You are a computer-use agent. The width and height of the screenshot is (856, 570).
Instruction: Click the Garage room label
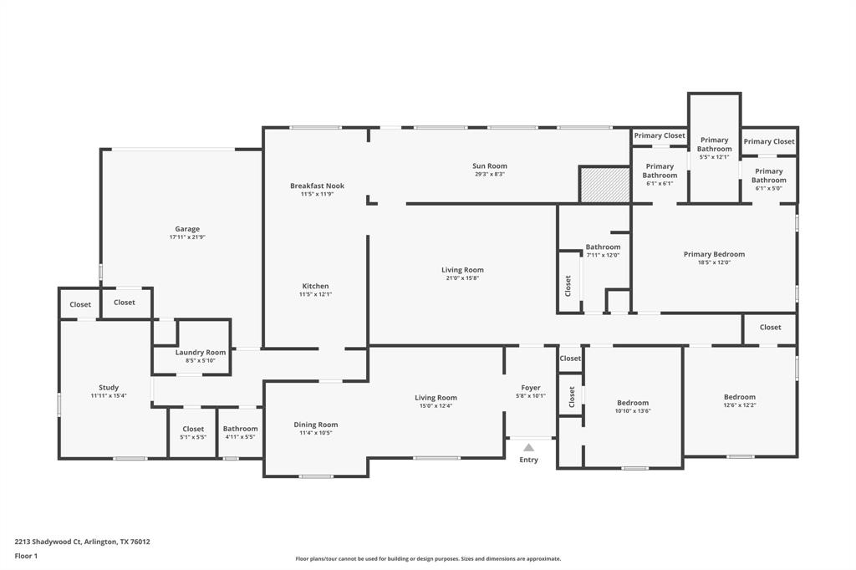187,229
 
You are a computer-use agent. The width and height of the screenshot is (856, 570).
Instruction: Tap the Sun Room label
490,166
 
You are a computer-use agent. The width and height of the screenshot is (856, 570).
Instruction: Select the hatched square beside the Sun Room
604,184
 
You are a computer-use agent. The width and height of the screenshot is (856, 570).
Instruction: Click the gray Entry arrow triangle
529,448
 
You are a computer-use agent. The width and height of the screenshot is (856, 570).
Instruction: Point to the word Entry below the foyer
529,460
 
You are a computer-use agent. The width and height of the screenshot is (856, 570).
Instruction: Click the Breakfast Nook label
317,186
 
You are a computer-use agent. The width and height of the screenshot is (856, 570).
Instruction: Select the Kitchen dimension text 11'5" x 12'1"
316,294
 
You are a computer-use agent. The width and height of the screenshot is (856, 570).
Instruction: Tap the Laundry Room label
201,353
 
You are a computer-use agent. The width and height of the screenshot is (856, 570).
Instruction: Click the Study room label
109,388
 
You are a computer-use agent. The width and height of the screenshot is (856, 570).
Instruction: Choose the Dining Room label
316,425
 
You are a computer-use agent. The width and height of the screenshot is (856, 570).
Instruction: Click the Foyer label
531,388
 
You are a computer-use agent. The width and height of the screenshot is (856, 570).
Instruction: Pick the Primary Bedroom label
714,255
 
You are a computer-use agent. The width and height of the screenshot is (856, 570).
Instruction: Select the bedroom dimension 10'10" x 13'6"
633,411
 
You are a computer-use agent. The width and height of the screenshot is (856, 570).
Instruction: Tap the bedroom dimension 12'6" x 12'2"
740,405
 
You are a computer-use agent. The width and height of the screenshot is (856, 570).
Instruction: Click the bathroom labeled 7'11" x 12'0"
603,255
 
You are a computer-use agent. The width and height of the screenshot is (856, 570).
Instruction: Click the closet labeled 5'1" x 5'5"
193,437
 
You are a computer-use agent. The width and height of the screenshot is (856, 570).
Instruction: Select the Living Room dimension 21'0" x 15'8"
462,278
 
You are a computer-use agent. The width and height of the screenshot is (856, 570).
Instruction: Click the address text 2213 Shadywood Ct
48,542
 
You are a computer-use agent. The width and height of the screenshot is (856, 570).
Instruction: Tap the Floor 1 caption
26,556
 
